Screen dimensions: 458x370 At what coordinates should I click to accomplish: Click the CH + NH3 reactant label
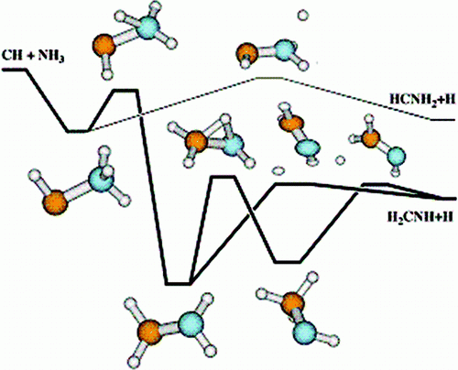33,56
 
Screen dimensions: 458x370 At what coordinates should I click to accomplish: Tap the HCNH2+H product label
422,100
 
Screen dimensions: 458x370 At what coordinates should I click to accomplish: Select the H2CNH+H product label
420,217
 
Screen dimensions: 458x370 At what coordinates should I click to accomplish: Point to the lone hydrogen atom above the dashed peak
303,15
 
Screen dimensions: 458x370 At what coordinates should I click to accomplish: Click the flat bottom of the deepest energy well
178,284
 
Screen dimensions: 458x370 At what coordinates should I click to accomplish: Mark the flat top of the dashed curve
269,78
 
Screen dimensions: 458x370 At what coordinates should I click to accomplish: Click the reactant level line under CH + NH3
14,70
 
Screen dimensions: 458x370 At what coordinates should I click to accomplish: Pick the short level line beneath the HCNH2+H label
442,120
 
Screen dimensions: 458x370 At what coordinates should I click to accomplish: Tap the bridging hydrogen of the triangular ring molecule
225,118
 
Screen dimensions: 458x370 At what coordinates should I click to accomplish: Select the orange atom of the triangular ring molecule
196,141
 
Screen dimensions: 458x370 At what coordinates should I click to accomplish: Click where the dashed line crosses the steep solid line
140,114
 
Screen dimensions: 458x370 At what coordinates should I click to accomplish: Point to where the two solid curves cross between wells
251,212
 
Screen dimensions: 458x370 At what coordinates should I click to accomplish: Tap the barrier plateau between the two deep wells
223,177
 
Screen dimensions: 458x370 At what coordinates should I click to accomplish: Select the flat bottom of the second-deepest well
288,262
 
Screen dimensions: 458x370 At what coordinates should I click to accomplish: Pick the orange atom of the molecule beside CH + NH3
104,47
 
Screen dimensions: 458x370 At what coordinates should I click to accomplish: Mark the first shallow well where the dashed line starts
78,131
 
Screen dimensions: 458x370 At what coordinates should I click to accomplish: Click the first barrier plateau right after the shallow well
125,91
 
